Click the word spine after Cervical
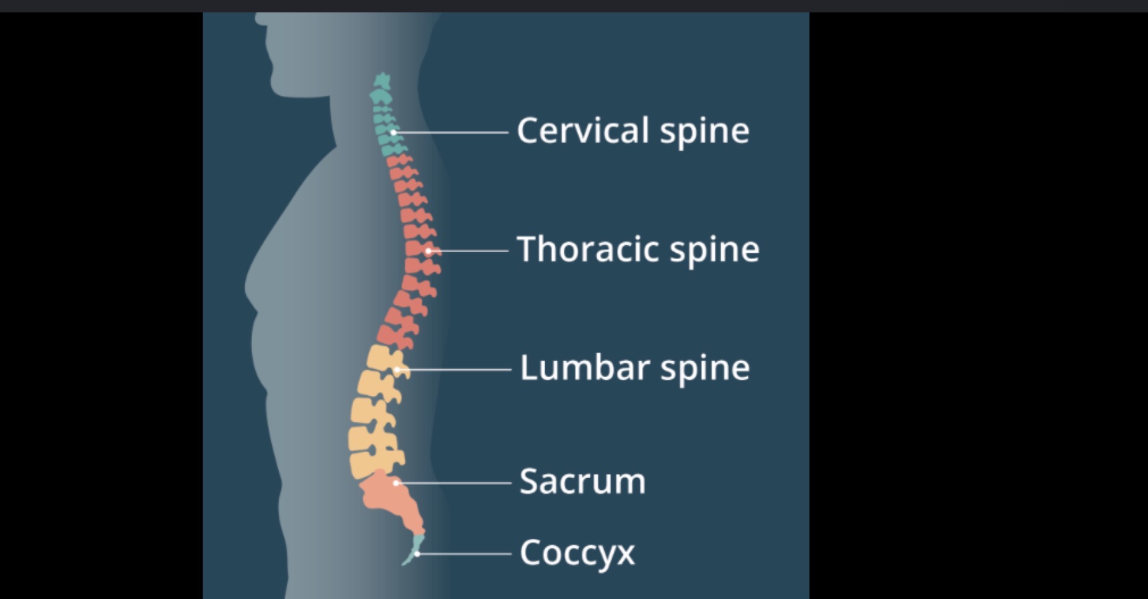pos(704,133)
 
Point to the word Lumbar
pos(584,367)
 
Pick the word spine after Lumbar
pos(704,370)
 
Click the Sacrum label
pos(582,481)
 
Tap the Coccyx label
pos(577,553)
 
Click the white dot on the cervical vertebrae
pos(393,133)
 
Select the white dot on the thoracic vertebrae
pos(428,251)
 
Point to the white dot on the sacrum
pos(396,483)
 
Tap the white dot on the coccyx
pos(417,554)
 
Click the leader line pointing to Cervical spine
pos(451,133)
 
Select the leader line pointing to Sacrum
pos(454,483)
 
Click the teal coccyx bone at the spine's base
pos(414,549)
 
